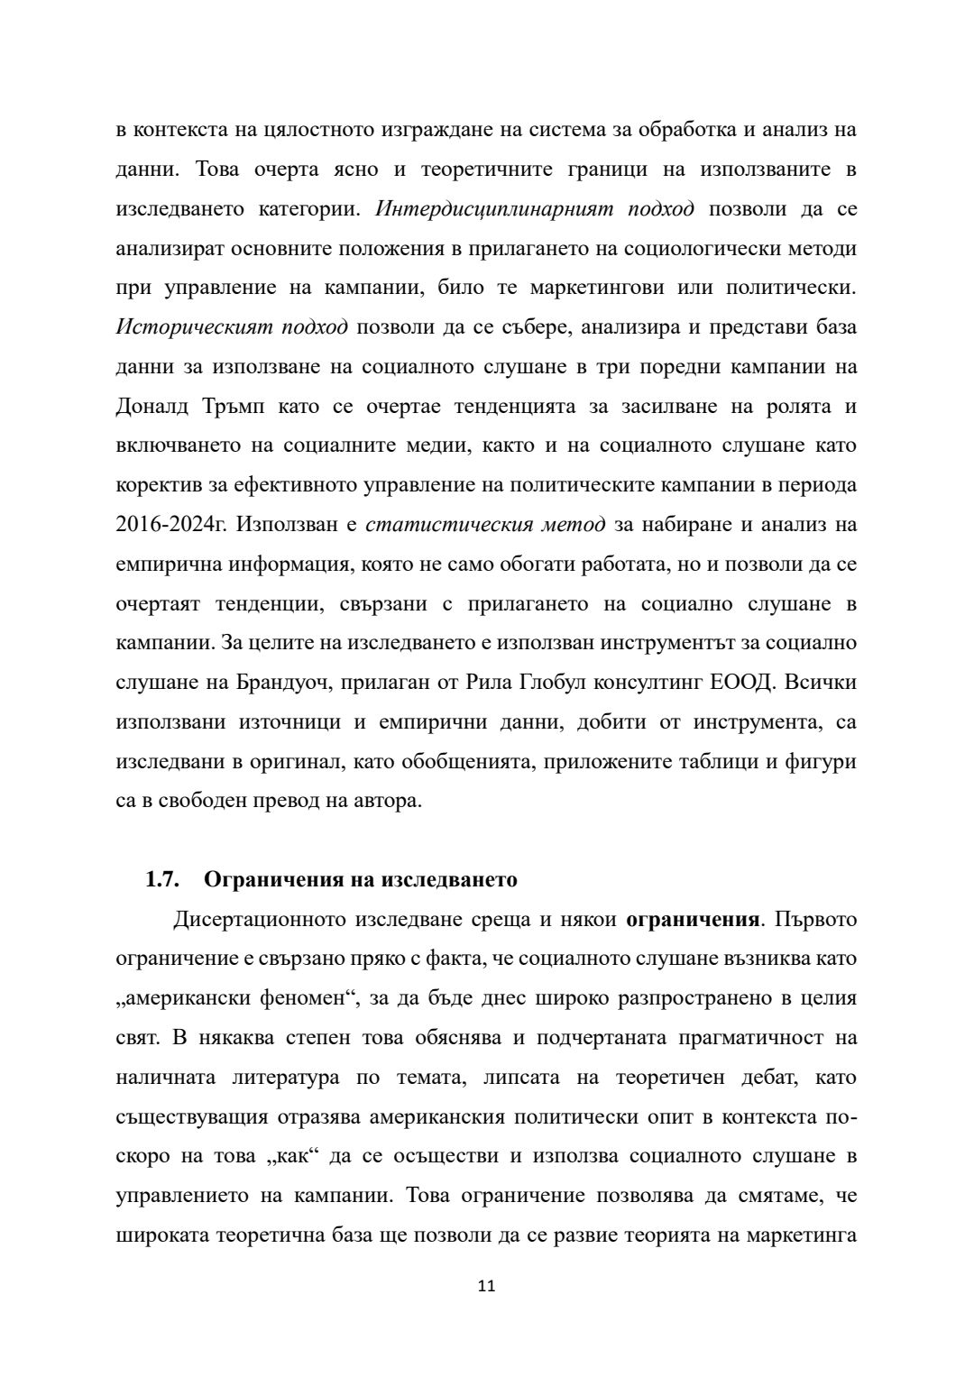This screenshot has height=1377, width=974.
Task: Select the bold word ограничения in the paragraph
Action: point(692,920)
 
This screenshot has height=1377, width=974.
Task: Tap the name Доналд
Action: point(152,407)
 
